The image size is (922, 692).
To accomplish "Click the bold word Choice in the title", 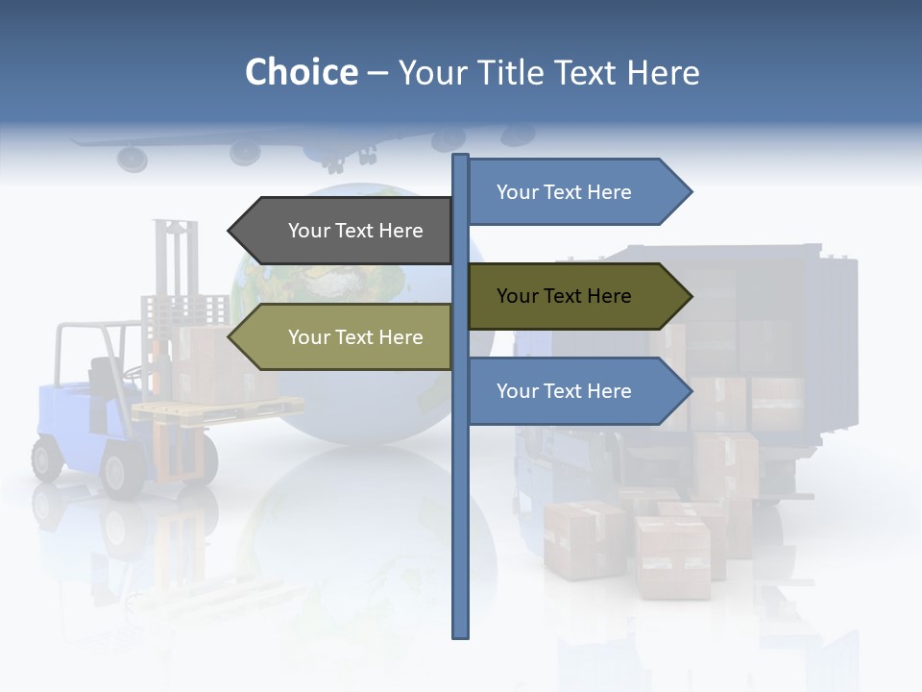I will click(301, 72).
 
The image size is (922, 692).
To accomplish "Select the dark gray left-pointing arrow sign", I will click(341, 231).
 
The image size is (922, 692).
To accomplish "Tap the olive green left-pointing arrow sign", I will click(341, 337).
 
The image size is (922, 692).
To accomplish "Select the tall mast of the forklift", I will click(175, 259).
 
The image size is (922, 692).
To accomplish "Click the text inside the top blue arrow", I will click(564, 192).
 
